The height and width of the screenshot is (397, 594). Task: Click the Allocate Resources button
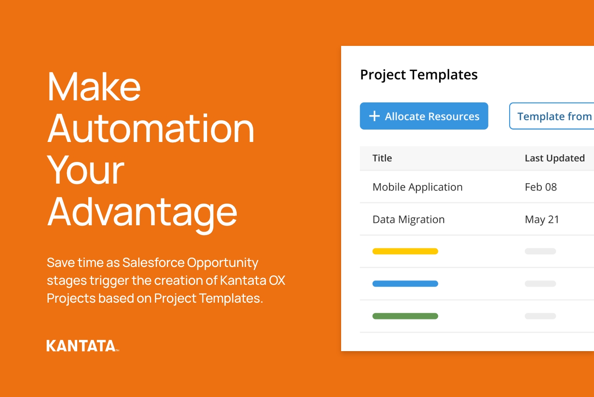pyautogui.click(x=424, y=116)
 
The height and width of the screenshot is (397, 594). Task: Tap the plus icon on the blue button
pyautogui.click(x=374, y=116)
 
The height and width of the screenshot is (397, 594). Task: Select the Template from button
pyautogui.click(x=552, y=116)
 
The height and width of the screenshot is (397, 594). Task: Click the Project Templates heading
pyautogui.click(x=419, y=75)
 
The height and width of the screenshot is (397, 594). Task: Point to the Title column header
pyautogui.click(x=382, y=158)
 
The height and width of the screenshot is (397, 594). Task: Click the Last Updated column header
pyautogui.click(x=555, y=158)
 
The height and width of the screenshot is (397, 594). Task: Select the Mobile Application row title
pyautogui.click(x=417, y=187)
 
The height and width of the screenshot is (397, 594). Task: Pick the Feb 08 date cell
pyautogui.click(x=541, y=187)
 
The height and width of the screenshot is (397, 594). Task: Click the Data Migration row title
pyautogui.click(x=408, y=220)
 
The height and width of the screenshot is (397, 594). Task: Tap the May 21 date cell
pyautogui.click(x=542, y=220)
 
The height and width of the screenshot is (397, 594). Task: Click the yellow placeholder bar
pyautogui.click(x=405, y=251)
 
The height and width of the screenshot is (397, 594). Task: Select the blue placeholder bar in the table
pyautogui.click(x=405, y=284)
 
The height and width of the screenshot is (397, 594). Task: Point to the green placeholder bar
pyautogui.click(x=405, y=316)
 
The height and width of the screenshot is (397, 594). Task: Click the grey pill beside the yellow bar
pyautogui.click(x=541, y=251)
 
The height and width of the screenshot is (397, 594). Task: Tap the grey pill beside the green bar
pyautogui.click(x=541, y=316)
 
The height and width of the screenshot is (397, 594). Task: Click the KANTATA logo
pyautogui.click(x=83, y=346)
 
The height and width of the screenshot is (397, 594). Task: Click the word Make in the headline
pyautogui.click(x=94, y=87)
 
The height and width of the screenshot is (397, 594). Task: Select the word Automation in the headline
pyautogui.click(x=151, y=128)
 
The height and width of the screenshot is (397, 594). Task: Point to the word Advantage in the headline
pyautogui.click(x=142, y=213)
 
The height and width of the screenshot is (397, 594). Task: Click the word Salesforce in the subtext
pyautogui.click(x=153, y=263)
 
